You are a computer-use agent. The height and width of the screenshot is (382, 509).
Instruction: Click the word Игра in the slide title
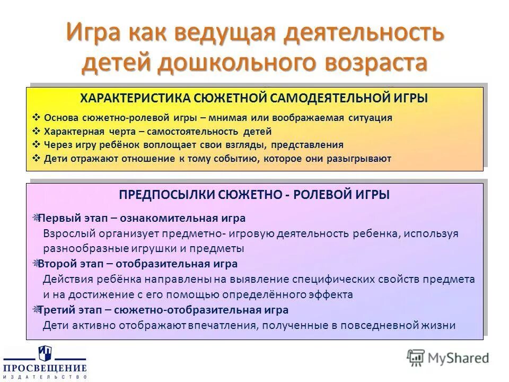tap(94, 33)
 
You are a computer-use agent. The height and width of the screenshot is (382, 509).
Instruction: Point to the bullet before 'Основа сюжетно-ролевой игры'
tap(36, 118)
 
